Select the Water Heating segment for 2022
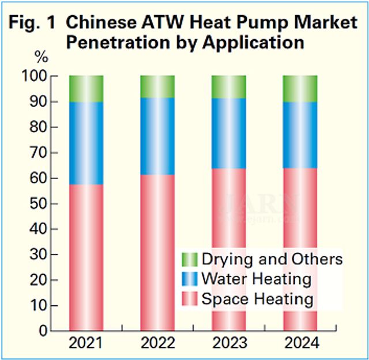(x=157, y=136)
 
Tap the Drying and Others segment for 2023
(x=229, y=87)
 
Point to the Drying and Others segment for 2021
(x=86, y=89)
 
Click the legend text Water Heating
(x=256, y=279)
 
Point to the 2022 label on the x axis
(x=157, y=344)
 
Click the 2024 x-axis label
(x=300, y=344)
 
